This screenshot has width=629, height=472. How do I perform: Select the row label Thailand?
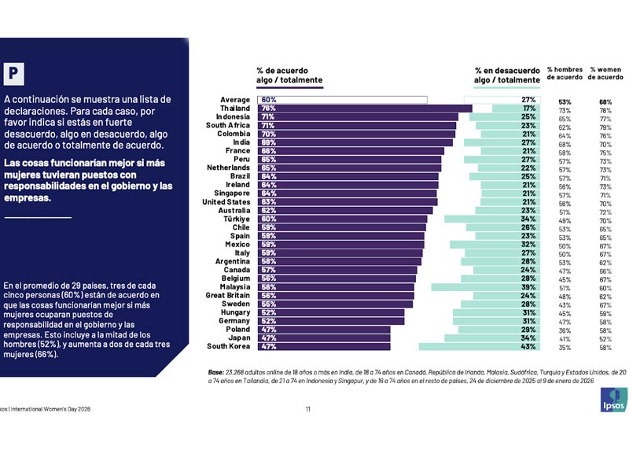coord(235,109)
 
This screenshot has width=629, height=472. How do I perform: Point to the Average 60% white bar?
coord(342,100)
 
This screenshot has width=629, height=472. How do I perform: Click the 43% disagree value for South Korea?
coord(528,346)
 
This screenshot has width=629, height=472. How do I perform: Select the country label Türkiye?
coord(235,219)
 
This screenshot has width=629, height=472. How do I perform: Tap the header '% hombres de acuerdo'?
coord(565,74)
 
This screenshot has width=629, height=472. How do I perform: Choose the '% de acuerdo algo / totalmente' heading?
coord(289,75)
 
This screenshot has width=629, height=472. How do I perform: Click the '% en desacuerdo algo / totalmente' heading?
coord(507,75)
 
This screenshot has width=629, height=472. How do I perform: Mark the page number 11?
coord(308,409)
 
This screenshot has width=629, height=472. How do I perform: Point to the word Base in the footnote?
coord(215,371)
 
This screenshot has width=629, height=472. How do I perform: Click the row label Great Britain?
coord(228,296)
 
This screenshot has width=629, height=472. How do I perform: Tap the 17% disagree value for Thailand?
coord(528,109)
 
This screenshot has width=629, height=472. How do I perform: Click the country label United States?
coord(226,201)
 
